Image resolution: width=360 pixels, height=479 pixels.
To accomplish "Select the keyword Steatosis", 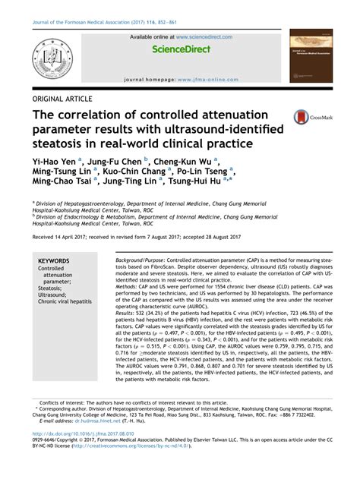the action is point(52,288).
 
